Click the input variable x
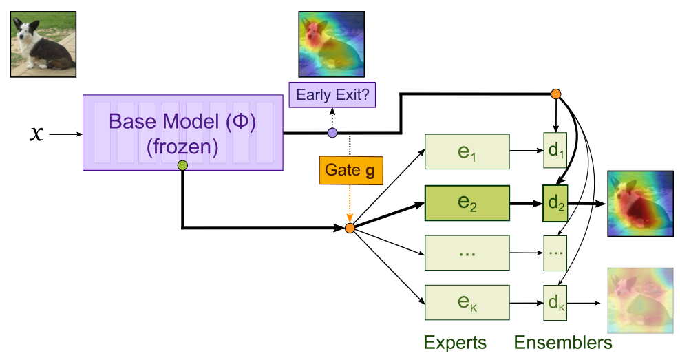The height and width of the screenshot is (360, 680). tap(36, 133)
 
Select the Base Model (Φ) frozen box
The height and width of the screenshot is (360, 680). tap(182, 132)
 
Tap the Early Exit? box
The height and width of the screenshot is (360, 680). tap(332, 94)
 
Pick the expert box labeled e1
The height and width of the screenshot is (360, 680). tap(467, 151)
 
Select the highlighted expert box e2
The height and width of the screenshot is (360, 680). tap(467, 204)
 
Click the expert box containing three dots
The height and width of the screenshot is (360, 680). tap(467, 253)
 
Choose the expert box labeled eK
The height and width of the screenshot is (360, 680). tap(467, 302)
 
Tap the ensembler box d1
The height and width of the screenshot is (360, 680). tap(555, 151)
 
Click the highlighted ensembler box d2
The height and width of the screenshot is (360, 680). tap(555, 204)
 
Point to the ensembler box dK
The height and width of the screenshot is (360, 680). tap(555, 302)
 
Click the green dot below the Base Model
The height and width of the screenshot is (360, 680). tap(182, 165)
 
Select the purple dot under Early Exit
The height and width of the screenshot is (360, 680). tap(332, 133)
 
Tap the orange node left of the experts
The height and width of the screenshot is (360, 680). tap(350, 228)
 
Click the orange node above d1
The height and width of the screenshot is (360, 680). tap(555, 94)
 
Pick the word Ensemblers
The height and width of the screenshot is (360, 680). tap(563, 342)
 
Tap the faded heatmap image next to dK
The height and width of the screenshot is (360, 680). tap(640, 301)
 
